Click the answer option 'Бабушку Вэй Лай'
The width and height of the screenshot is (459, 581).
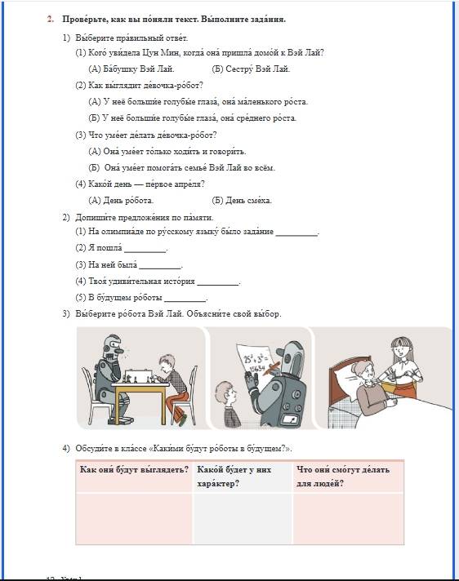click(x=131, y=69)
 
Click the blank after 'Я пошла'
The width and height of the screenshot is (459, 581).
click(x=145, y=251)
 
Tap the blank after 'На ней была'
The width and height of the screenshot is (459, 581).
click(x=160, y=268)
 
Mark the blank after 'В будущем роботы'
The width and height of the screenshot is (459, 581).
click(x=185, y=301)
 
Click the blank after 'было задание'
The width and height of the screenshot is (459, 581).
click(x=296, y=235)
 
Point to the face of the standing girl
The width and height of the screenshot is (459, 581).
click(x=399, y=350)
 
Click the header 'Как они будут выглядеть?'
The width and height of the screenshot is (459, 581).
click(x=134, y=470)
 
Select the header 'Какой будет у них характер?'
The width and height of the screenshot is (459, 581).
click(x=234, y=477)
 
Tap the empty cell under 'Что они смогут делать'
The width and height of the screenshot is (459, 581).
click(x=348, y=519)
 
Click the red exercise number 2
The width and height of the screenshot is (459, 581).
click(x=51, y=20)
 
